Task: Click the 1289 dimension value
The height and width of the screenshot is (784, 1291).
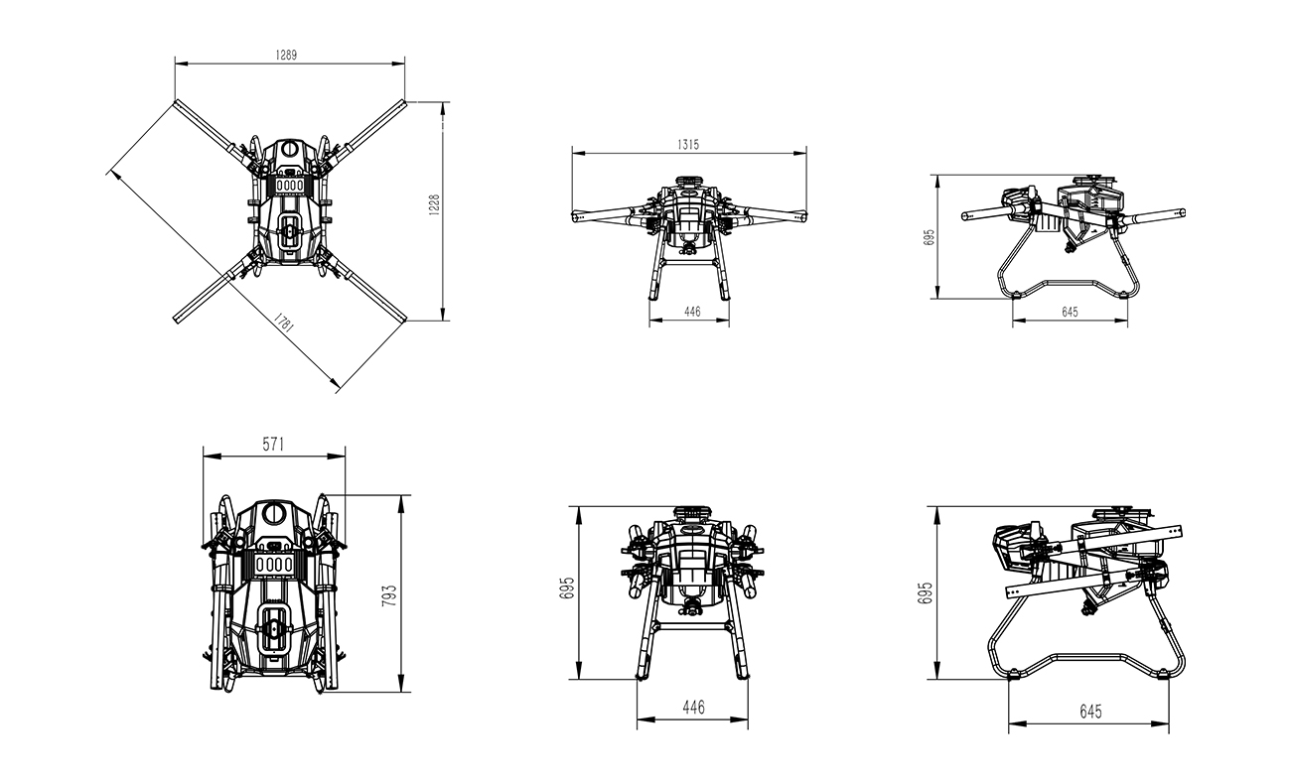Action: pos(286,56)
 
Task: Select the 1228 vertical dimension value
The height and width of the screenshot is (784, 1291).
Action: pos(435,205)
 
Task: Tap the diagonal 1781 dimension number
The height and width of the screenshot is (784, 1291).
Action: pos(284,323)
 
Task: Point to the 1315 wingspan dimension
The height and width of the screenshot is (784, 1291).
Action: pos(688,145)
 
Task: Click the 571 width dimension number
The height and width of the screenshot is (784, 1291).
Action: pos(274,445)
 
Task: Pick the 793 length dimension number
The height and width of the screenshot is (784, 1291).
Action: pos(389,595)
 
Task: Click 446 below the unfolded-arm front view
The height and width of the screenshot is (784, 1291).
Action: pos(692,312)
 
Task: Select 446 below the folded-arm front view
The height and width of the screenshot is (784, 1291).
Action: pos(693,707)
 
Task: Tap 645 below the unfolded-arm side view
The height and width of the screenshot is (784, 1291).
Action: pos(1070,312)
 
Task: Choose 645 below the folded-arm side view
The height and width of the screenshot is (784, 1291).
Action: pos(1090,712)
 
